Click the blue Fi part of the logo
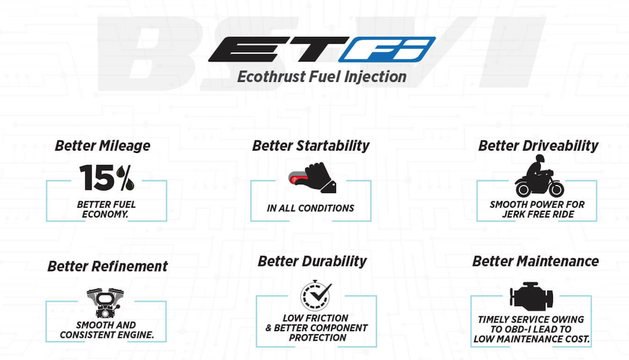pos(387,49)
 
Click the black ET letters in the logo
pos(279,49)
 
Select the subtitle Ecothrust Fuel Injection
pos(322,77)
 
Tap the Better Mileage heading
pos(103,146)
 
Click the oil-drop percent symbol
pos(125,178)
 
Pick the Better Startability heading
pos(310,146)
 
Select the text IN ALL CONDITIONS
pos(310,208)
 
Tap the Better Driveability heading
pos(538,146)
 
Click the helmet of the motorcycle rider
pos(539,159)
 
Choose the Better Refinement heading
pos(107,266)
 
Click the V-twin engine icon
pos(106,303)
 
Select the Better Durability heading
pos(312,262)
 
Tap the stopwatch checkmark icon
pos(316,295)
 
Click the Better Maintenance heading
pos(536,262)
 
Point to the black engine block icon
pos(531,296)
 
